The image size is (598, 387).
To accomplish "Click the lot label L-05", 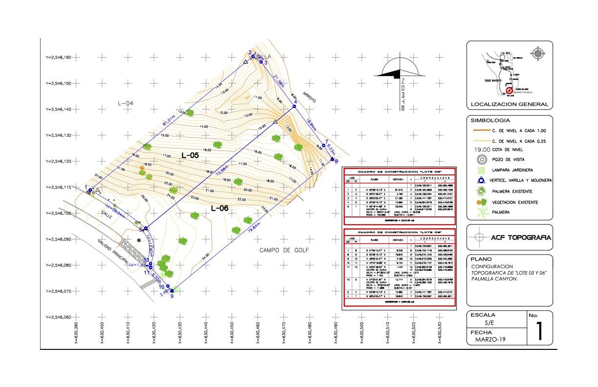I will pyautogui.click(x=190, y=155).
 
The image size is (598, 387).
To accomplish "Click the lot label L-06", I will pyautogui.click(x=220, y=208).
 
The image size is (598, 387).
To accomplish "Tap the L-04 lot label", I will pyautogui.click(x=126, y=103).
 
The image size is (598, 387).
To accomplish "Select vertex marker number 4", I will pyautogui.click(x=295, y=106).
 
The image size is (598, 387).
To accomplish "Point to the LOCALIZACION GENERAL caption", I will pyautogui.click(x=509, y=105).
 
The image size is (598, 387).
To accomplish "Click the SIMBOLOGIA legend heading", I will pyautogui.click(x=490, y=120).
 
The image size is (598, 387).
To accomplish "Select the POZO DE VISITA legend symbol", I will pyautogui.click(x=482, y=159).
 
